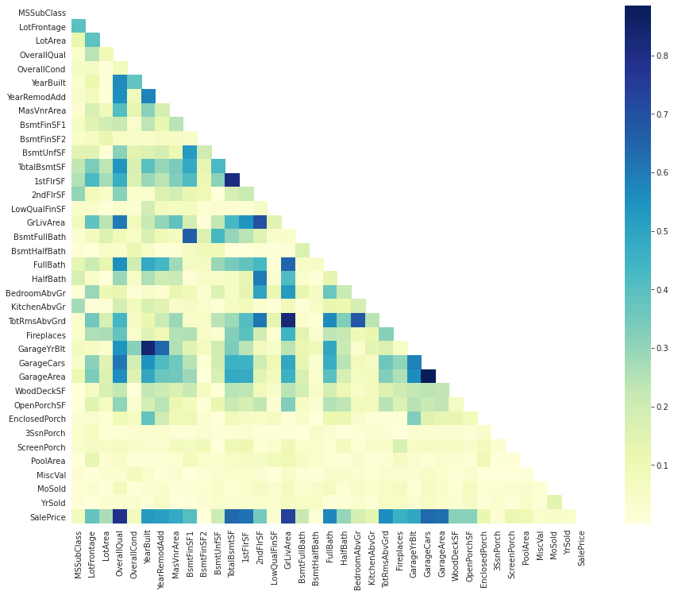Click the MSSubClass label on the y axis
pyautogui.click(x=43, y=14)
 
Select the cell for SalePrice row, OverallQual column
pyautogui.click(x=120, y=516)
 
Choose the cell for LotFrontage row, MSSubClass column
pyautogui.click(x=78, y=28)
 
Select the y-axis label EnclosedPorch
pyautogui.click(x=37, y=419)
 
